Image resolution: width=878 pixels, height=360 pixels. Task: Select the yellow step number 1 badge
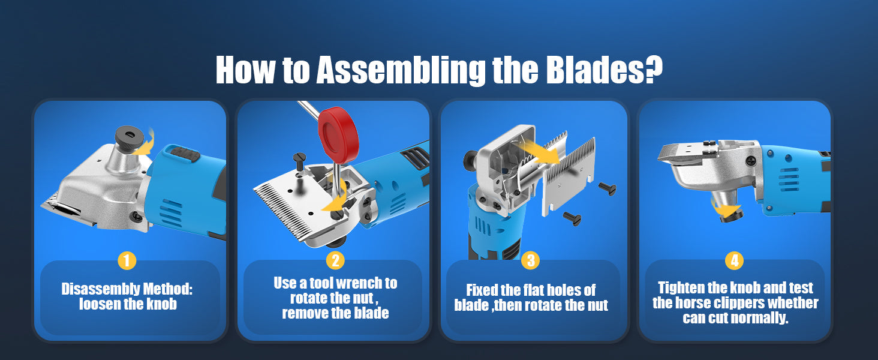coord(127,260)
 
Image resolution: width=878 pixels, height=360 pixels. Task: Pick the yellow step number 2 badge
coord(335,260)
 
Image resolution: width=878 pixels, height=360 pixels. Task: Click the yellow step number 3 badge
coord(531,260)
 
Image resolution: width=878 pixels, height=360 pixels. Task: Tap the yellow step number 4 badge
coord(735,260)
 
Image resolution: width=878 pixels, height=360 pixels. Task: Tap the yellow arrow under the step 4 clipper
coord(726,208)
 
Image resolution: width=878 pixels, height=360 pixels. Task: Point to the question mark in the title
coord(653,69)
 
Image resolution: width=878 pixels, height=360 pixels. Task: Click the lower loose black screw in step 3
coord(573,218)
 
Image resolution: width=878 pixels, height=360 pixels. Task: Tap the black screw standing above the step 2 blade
coord(300,160)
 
